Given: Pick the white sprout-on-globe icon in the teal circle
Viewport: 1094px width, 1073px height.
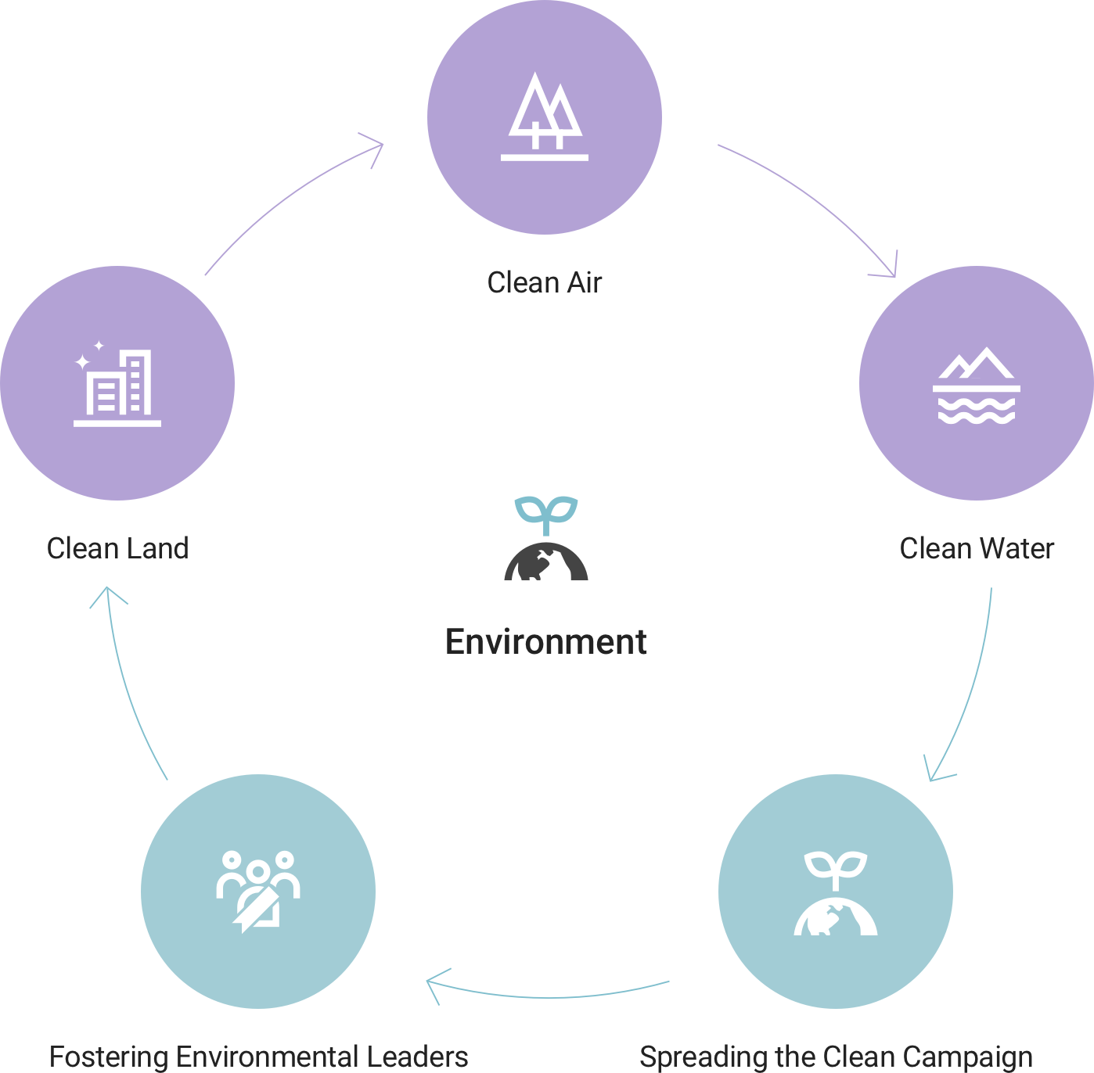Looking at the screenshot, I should (x=836, y=893).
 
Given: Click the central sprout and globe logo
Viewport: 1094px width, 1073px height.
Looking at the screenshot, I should (x=545, y=536).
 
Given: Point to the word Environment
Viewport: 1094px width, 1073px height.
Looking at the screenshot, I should (x=545, y=641).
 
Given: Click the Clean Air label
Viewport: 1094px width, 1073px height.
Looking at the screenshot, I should (x=545, y=282).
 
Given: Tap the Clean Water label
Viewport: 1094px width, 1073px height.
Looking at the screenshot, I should (x=977, y=548).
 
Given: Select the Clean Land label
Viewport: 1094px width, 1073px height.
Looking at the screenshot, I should (x=117, y=548).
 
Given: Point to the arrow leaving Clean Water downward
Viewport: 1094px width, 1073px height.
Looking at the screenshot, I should (x=970, y=688).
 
